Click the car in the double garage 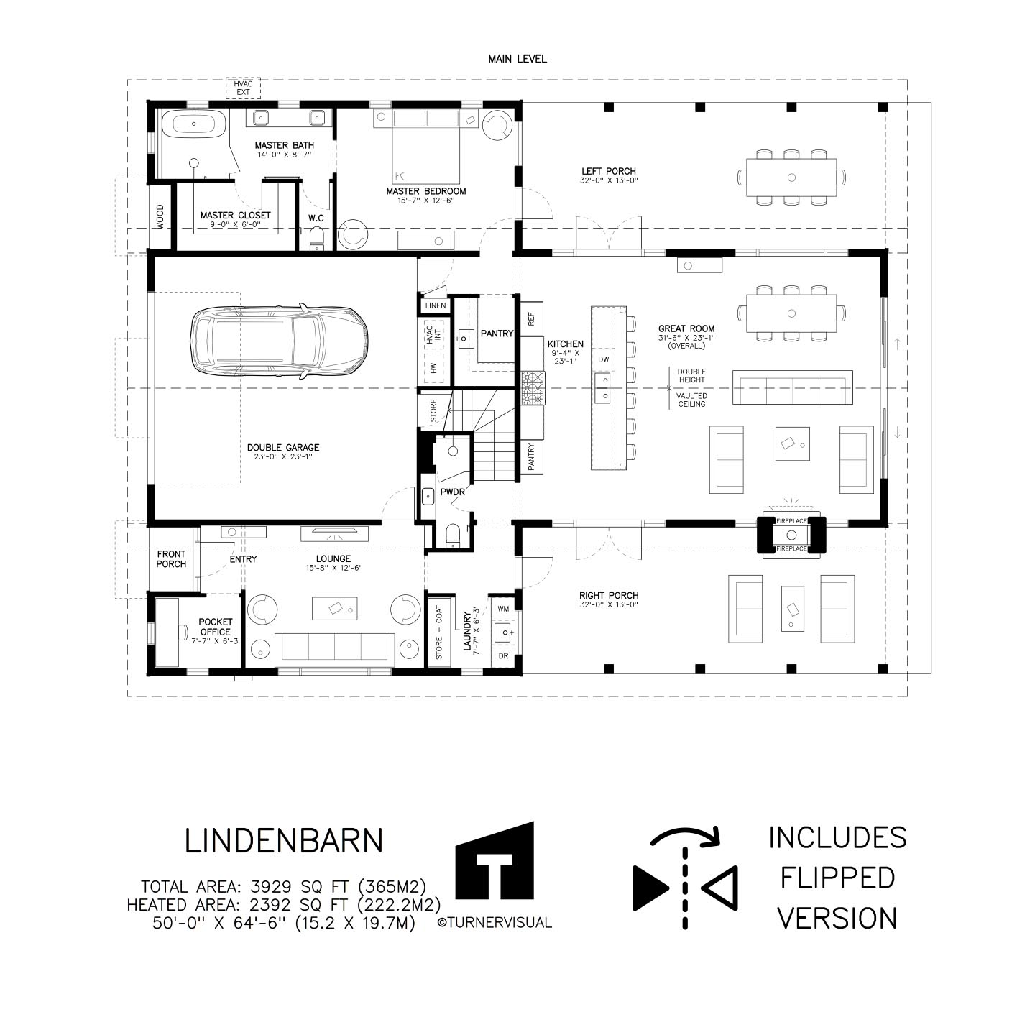pos(280,342)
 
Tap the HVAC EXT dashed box pos(243,88)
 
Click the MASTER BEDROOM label pos(426,191)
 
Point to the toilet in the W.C pos(317,239)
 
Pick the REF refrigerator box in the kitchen pos(532,320)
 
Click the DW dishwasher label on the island pos(603,359)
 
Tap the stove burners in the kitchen pos(533,387)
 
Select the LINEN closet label pos(436,305)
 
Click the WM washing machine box pos(503,609)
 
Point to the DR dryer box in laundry pos(503,655)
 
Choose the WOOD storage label pos(160,217)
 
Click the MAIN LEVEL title pos(517,59)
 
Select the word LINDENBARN pos(284,841)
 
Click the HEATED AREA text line pos(284,904)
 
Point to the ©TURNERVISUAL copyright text pos(494,923)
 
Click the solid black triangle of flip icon pos(649,888)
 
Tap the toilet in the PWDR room pos(454,535)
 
